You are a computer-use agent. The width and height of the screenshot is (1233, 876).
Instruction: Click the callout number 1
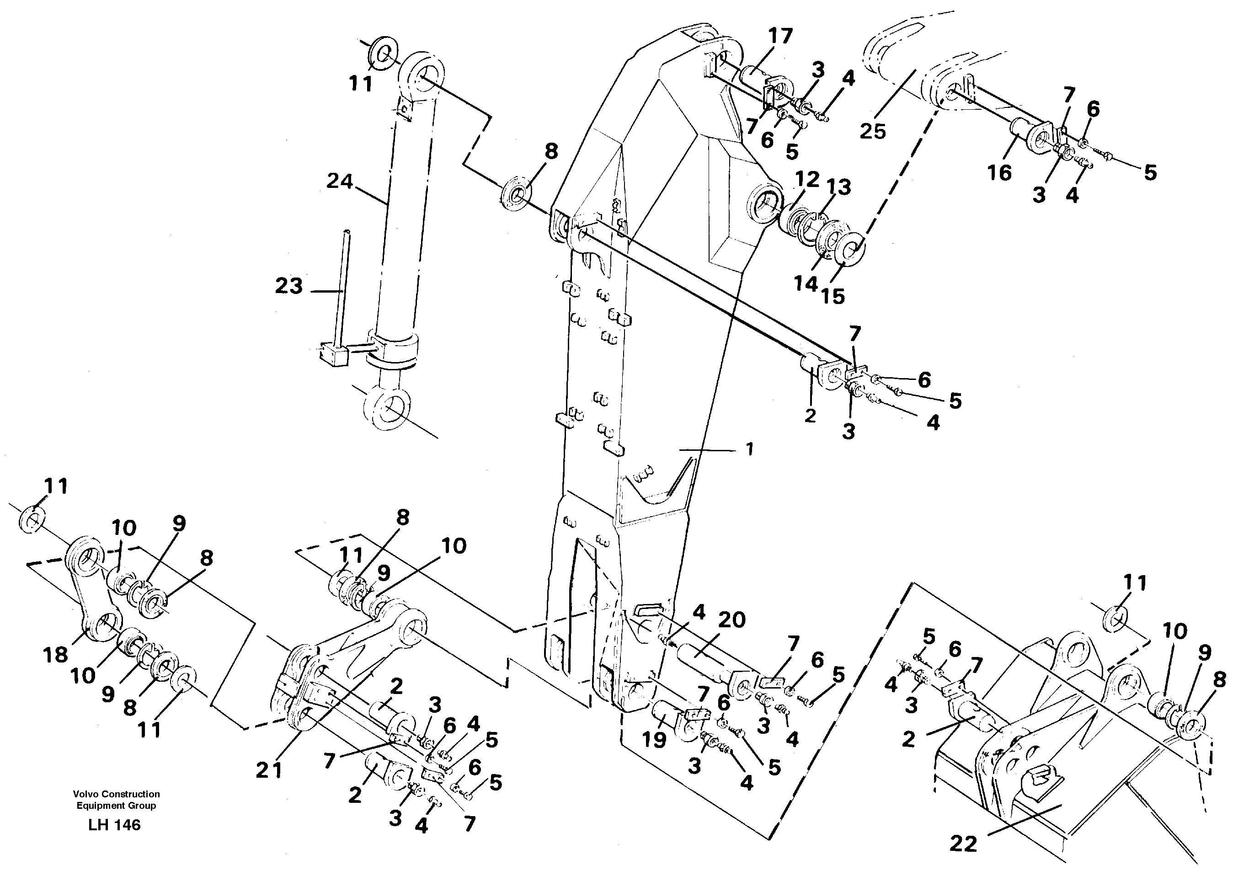coord(749,449)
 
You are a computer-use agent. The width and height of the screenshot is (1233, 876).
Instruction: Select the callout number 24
coord(339,181)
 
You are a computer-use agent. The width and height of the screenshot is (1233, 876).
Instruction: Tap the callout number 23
coord(288,286)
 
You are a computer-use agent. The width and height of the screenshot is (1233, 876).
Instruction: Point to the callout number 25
coord(873,131)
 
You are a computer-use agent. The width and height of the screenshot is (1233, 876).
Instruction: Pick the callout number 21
coord(269,770)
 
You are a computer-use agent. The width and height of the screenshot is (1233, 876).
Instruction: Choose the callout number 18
coord(56,655)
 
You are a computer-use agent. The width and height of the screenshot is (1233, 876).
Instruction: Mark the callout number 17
coord(780,36)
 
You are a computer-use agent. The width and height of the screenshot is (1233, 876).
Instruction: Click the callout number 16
coord(999,173)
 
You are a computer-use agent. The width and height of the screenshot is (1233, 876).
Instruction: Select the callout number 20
coord(731,620)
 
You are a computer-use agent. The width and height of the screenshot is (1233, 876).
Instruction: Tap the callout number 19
coord(654,740)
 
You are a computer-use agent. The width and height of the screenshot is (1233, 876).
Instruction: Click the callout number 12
coord(807,180)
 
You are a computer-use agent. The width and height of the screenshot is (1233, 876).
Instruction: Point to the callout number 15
coord(833,296)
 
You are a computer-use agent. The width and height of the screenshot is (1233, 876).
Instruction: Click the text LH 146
coord(114,825)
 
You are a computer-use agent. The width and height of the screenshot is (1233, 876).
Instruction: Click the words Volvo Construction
coord(117,794)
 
